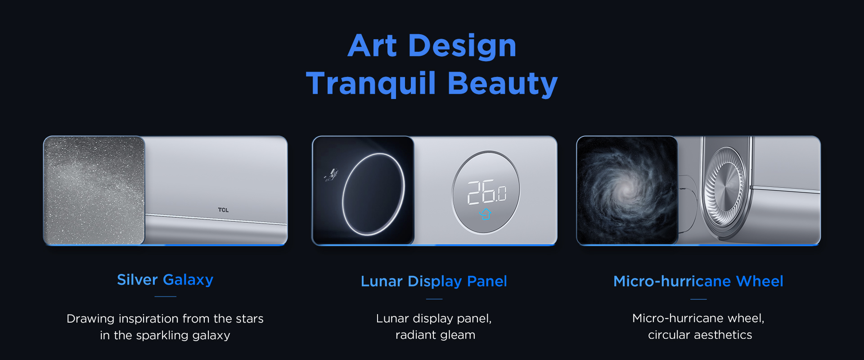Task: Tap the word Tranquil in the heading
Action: pyautogui.click(x=371, y=84)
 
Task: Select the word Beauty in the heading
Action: pyautogui.click(x=503, y=84)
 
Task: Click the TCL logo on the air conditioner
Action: pyautogui.click(x=223, y=210)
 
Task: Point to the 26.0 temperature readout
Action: pyautogui.click(x=487, y=192)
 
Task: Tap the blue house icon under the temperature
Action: pyautogui.click(x=486, y=214)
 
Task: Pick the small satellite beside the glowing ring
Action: pyautogui.click(x=331, y=175)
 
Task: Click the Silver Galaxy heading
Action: pyautogui.click(x=165, y=280)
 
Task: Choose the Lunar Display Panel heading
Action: pyautogui.click(x=434, y=281)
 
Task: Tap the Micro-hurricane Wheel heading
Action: pyautogui.click(x=698, y=281)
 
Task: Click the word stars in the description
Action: pyautogui.click(x=250, y=319)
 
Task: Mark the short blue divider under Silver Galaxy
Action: pyautogui.click(x=165, y=297)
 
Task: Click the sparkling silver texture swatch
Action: pyautogui.click(x=94, y=190)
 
